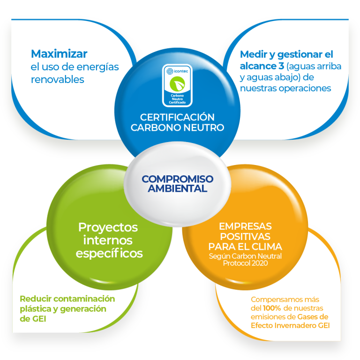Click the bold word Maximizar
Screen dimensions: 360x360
pos(59,54)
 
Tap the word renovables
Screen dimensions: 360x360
pos(58,79)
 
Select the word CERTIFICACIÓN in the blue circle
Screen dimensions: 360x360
pos(177,117)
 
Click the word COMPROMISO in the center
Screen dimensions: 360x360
pos(177,179)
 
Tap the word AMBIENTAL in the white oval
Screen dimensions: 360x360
pos(177,188)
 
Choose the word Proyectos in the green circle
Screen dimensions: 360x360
pos(108,227)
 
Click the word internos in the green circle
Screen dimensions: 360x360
pos(108,240)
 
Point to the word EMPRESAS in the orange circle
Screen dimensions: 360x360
pos(245,226)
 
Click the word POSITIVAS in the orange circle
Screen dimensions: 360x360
pos(245,236)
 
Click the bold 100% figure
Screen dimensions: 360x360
pos(272,308)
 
